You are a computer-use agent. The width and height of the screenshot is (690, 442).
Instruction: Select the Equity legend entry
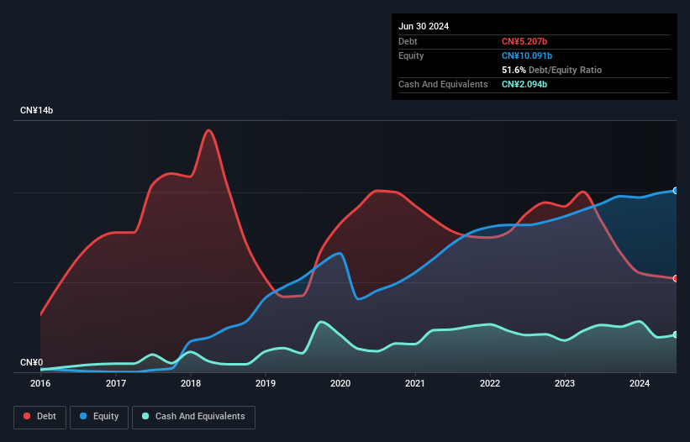(99, 417)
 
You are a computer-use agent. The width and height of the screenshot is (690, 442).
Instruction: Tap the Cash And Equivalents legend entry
(193, 417)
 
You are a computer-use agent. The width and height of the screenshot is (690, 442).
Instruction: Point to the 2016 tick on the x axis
(40, 383)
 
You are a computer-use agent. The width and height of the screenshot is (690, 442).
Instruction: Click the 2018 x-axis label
(191, 383)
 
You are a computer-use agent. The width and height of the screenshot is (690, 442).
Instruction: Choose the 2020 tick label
(340, 383)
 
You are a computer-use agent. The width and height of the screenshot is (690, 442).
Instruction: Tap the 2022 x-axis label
(490, 383)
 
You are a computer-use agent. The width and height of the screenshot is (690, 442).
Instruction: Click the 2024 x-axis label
(640, 383)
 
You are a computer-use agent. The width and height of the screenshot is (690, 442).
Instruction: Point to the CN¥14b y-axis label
(37, 111)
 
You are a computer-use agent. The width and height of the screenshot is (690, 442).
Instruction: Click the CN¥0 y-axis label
(31, 363)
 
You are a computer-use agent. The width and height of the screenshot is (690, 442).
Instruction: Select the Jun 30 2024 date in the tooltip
(424, 26)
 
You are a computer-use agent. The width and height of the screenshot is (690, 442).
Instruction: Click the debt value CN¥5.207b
(525, 41)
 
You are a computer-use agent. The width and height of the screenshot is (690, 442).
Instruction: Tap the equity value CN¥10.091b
(528, 55)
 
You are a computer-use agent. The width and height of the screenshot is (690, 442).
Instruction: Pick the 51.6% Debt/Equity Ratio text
(551, 70)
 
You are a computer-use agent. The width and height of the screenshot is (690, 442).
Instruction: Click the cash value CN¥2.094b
(525, 84)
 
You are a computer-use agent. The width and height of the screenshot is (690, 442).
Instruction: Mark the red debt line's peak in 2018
(208, 130)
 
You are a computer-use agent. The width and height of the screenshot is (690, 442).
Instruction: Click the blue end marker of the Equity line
(675, 191)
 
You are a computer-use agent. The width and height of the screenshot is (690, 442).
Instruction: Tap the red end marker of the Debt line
(675, 278)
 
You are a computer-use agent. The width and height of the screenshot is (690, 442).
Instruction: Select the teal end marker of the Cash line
(675, 335)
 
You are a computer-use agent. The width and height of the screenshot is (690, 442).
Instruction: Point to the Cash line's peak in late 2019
(320, 321)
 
